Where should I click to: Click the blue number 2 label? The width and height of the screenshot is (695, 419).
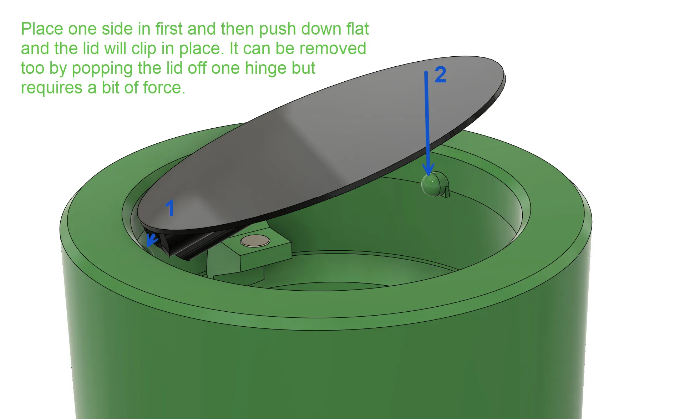pyautogui.click(x=440, y=75)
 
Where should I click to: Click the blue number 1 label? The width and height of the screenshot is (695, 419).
pyautogui.click(x=170, y=208)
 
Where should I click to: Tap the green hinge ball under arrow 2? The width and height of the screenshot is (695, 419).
pyautogui.click(x=431, y=184)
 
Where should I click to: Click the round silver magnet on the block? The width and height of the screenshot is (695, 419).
pyautogui.click(x=255, y=241)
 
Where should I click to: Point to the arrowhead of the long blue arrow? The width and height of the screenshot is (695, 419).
pyautogui.click(x=428, y=169)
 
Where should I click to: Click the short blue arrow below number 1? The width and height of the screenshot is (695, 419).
pyautogui.click(x=152, y=240)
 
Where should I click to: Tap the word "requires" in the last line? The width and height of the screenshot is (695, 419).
pyautogui.click(x=51, y=88)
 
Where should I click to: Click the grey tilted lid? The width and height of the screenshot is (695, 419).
pyautogui.click(x=321, y=143)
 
